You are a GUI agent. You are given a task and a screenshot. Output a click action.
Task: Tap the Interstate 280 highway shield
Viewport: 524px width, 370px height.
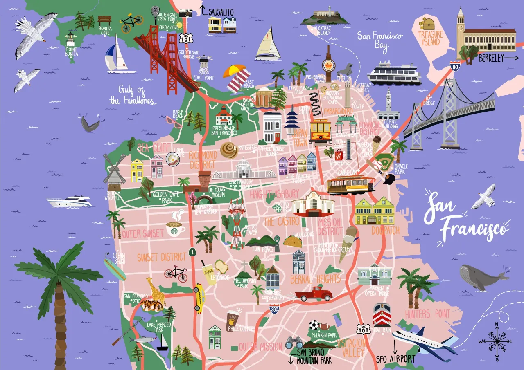click(276, 310)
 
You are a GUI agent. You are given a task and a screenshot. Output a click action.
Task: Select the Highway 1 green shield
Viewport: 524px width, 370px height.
click(192, 252)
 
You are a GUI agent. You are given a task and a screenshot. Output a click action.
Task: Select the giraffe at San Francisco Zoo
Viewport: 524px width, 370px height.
click(156, 289)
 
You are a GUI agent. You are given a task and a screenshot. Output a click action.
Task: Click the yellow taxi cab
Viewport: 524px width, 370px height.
click(199, 298)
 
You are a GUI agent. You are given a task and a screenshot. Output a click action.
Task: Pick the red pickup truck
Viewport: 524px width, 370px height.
click(314, 294)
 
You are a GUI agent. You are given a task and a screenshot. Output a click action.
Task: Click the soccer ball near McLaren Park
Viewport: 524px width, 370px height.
click(314, 325)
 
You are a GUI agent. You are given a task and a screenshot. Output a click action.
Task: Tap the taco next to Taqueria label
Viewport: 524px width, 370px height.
click(292, 242)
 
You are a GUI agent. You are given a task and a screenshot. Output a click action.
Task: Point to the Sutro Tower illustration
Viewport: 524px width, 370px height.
click(236, 223)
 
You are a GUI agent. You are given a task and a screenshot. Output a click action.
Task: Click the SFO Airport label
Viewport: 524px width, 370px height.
click(395, 359)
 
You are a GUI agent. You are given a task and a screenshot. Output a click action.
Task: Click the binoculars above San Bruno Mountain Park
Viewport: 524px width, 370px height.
click(294, 343)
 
